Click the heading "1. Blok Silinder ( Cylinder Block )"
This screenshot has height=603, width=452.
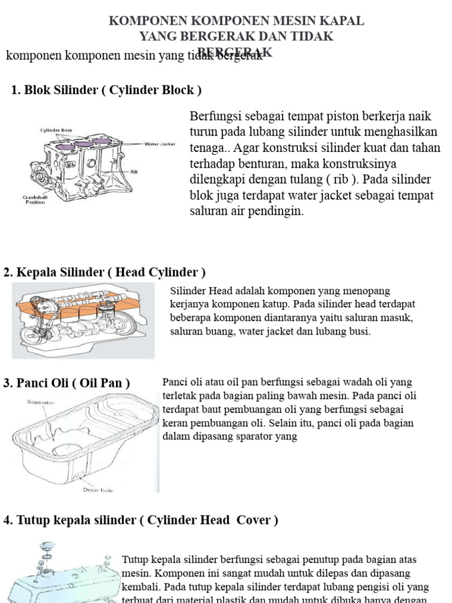coord(107,90)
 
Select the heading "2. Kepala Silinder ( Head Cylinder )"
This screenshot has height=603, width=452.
coord(105,273)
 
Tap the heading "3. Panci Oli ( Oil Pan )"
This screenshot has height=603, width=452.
coord(66,383)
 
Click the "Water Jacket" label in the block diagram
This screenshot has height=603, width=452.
coord(160,144)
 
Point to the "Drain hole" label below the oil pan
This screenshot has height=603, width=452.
coord(98,489)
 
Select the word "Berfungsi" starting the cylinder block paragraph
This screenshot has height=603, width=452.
coord(214,115)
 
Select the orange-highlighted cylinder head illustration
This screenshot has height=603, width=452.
coord(82,321)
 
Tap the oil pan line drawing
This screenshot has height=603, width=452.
coord(82,439)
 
